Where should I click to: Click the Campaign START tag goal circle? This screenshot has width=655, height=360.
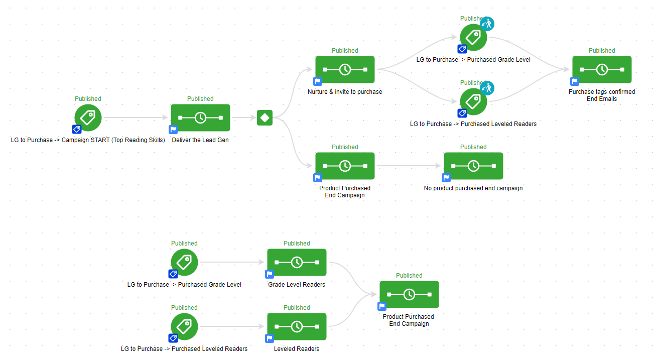88,117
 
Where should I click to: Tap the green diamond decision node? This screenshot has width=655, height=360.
265,118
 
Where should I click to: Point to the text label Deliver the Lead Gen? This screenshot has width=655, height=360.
200,140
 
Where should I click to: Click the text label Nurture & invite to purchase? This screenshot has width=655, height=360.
345,92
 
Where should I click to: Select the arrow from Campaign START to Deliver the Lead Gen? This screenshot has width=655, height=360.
136,118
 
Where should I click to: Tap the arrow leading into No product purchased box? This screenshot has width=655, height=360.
409,166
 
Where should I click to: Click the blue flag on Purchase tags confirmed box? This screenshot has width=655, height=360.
575,81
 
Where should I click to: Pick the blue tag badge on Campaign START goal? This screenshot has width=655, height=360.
76,129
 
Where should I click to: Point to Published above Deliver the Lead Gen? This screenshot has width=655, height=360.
200,99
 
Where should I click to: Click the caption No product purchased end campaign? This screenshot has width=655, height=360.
473,188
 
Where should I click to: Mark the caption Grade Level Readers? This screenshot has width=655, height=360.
297,285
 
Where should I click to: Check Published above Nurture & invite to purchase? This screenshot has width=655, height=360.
345,51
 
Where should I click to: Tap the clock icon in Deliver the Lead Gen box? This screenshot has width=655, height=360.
200,118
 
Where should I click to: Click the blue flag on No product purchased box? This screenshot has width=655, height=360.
446,177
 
